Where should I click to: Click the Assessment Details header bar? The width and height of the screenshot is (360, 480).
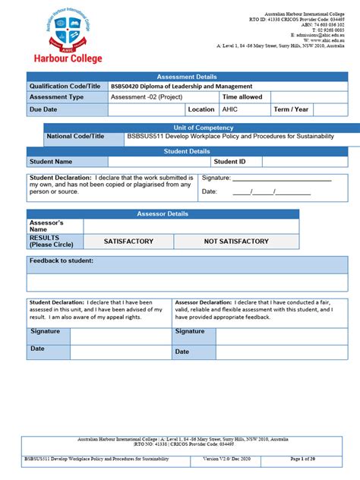point(187,77)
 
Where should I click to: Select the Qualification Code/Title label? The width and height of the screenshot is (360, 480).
point(65,87)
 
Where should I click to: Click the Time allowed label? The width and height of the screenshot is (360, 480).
point(242,97)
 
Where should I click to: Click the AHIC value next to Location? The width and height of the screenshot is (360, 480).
point(229,109)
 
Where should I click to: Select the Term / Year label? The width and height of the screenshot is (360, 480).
point(292,109)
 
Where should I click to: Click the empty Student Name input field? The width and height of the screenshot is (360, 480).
point(159,162)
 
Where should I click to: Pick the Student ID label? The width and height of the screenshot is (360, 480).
point(229,162)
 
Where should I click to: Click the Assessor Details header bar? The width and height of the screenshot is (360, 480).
point(163,214)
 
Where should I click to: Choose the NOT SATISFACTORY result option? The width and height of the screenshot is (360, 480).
point(236,242)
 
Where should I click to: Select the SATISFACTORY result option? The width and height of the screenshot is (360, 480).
point(128,242)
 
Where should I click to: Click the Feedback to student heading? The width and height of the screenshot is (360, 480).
point(62,261)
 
